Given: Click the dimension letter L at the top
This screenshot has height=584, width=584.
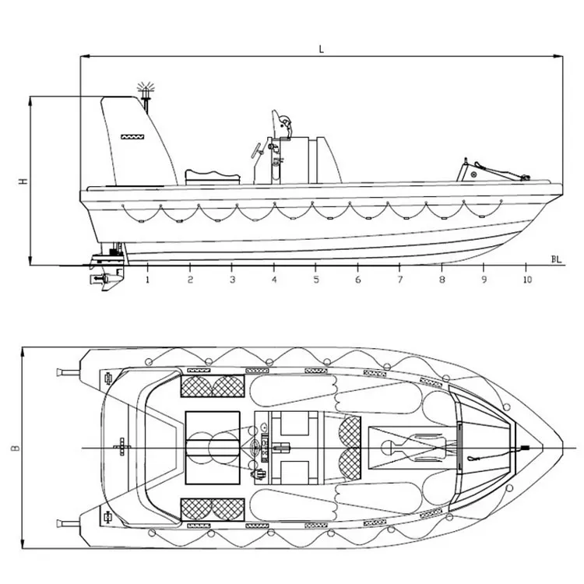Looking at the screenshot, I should point(321,48).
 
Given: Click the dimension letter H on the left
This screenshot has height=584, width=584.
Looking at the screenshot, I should point(23,181).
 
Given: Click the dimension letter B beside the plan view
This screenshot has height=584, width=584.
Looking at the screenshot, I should point(15,449).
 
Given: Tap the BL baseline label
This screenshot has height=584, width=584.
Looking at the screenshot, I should point(556,259).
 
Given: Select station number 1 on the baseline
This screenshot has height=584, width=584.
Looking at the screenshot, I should point(148,279).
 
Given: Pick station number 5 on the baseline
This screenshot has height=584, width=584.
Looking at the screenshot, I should point(316,279).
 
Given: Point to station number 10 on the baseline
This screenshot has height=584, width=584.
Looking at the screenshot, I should point(527,279).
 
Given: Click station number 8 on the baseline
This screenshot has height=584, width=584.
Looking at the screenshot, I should point(442,279).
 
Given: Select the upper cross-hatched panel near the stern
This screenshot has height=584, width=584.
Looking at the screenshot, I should point(212,385).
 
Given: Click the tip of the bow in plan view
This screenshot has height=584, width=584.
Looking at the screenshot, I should point(562,447).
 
